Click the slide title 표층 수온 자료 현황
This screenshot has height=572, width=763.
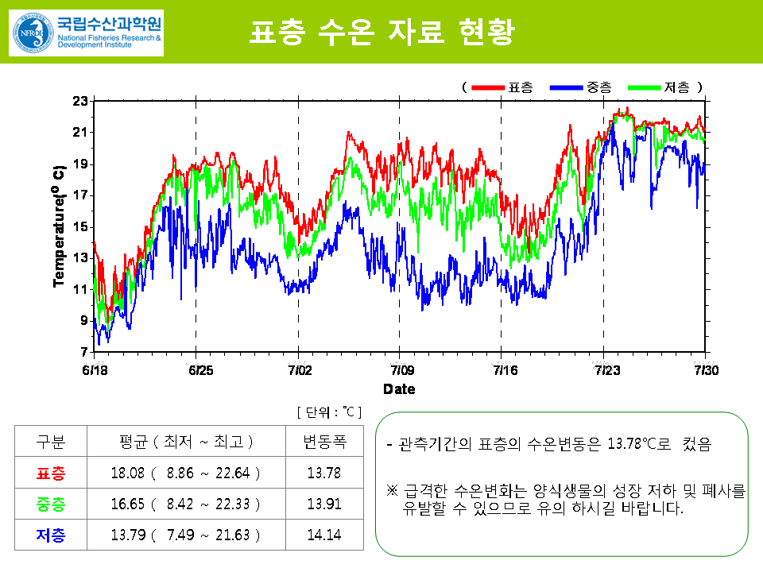point(381,33)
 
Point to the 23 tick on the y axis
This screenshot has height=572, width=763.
point(79,101)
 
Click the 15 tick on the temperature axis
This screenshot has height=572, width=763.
point(79,226)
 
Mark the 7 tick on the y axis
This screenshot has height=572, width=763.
point(83,351)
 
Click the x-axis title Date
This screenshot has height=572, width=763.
point(399,389)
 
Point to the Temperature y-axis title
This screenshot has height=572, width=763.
point(58,226)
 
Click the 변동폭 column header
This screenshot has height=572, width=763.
point(323,442)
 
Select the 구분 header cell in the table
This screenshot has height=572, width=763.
point(51,442)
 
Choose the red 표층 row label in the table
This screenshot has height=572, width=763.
point(51,473)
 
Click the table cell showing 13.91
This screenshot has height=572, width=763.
point(323,504)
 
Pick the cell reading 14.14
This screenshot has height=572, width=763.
point(323,535)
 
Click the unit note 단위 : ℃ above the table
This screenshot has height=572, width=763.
point(329,412)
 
